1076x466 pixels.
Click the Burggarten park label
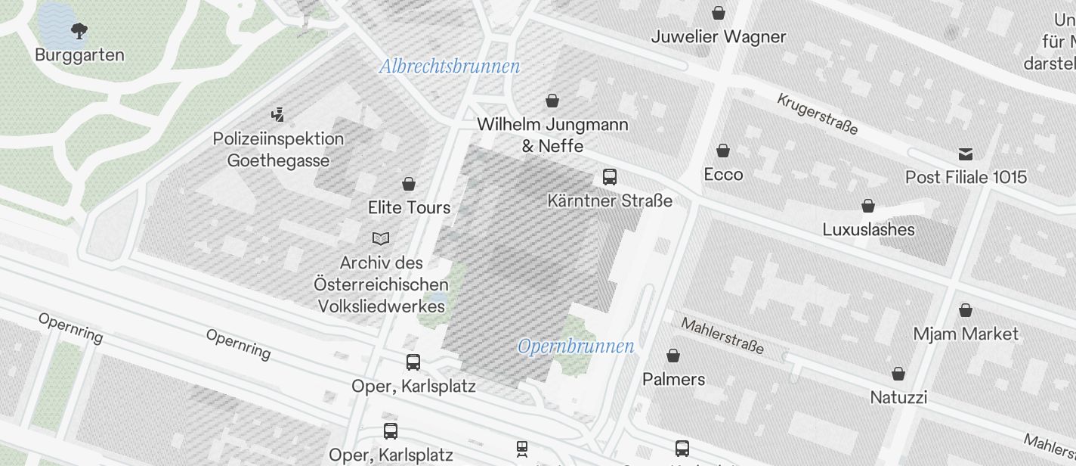pos(79,55)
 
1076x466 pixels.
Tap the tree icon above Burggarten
pos(79,31)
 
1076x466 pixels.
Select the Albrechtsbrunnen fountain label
pos(450,67)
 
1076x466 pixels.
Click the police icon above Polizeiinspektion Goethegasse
pos(278,116)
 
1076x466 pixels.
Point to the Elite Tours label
pos(409,207)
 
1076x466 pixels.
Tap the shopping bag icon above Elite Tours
pos(409,184)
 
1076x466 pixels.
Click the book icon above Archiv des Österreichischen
pos(381,239)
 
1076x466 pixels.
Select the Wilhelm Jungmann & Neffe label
pos(552,135)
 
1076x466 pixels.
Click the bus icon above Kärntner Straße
pos(610,177)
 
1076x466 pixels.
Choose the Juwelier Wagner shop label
pos(719,36)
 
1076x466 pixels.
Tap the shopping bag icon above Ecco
pos(723,151)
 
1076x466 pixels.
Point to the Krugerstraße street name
pos(818,114)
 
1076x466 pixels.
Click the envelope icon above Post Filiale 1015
pos(966,154)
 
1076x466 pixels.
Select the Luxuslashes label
pos(868,229)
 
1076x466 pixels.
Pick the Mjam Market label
pos(966,334)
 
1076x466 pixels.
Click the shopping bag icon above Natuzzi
pos(898,374)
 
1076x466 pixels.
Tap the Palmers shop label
pos(673,379)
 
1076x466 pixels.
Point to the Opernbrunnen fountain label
pos(576,346)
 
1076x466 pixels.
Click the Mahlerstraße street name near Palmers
pos(722,336)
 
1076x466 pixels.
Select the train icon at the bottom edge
pos(522,449)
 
